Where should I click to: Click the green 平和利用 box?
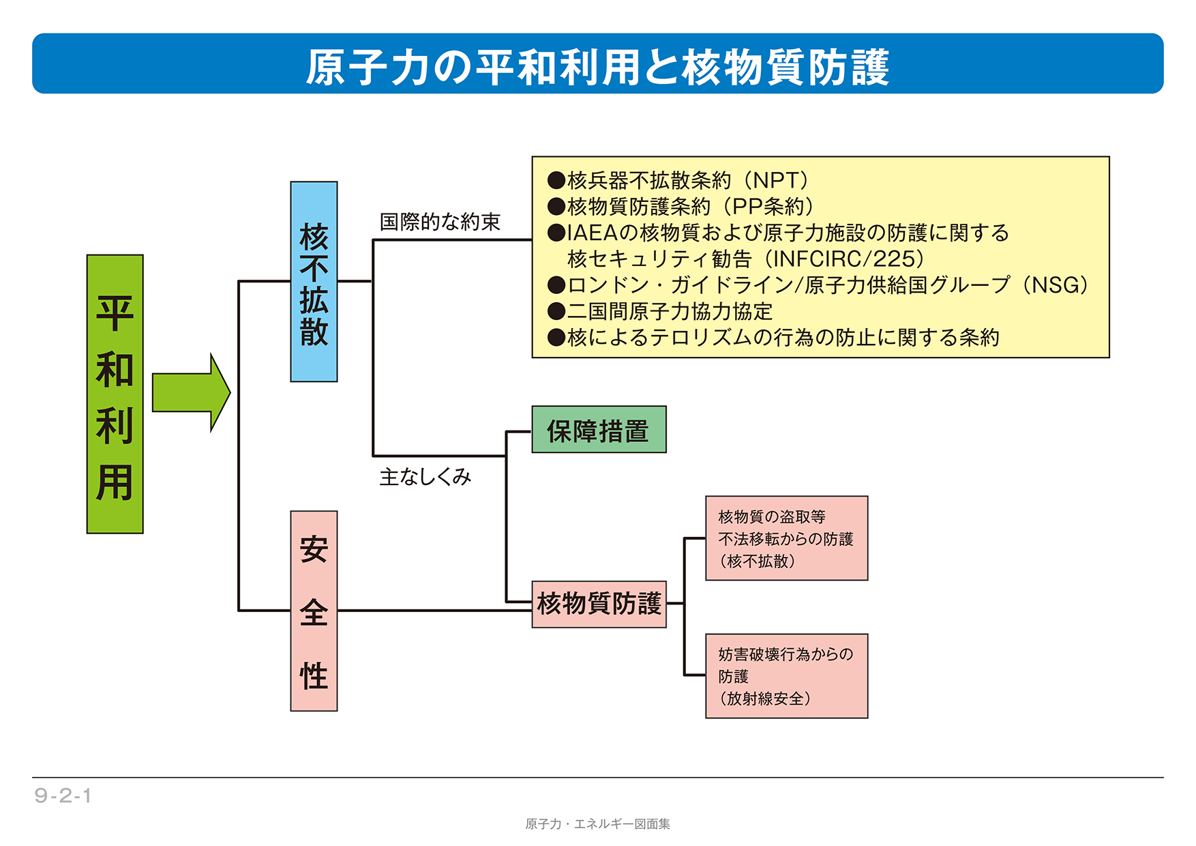tap(115, 394)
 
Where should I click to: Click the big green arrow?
tap(190, 392)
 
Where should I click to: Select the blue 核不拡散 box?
tap(314, 281)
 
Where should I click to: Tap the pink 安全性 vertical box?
tap(314, 611)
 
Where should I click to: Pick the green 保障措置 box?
tap(599, 430)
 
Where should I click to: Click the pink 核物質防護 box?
tap(599, 604)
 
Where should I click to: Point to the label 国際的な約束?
tap(440, 222)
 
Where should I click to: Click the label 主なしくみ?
tap(425, 476)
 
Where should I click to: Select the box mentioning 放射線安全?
tap(786, 676)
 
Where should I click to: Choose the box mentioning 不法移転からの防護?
tap(786, 538)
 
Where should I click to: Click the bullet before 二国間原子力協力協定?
tap(556, 312)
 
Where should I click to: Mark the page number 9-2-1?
tap(63, 796)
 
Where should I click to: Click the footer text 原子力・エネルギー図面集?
tap(597, 824)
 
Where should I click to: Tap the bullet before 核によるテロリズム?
tap(556, 338)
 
